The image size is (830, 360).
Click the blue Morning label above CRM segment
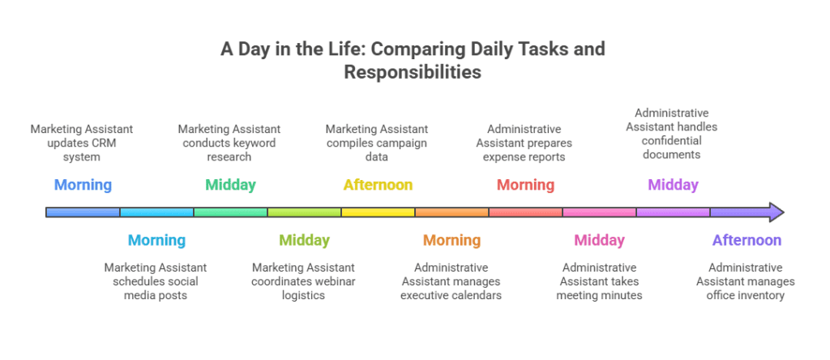click(83, 185)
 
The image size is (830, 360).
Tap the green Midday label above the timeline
click(230, 185)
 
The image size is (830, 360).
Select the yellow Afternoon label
click(378, 185)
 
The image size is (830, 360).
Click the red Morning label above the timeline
click(525, 185)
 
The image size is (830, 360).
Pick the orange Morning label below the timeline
click(451, 240)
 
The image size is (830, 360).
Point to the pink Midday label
click(599, 240)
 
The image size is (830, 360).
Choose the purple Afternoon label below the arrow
click(747, 240)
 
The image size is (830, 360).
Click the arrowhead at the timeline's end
click(775, 212)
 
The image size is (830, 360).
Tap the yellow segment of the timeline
click(378, 212)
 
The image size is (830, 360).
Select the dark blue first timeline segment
click(83, 212)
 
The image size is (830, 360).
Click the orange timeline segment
click(451, 212)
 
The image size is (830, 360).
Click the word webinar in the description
click(335, 281)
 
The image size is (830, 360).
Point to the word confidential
click(672, 140)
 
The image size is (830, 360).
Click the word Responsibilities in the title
click(413, 72)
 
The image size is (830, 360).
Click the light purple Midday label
click(673, 185)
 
